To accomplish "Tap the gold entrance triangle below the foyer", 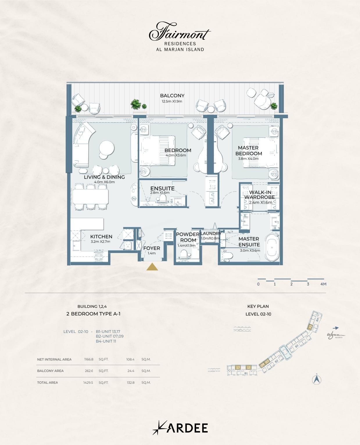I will click(152, 267).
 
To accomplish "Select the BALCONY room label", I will click(172, 96).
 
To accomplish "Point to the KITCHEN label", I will click(101, 236).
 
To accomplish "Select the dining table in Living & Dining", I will click(90, 197).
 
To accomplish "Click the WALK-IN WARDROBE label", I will click(259, 195).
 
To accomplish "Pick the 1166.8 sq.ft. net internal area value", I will click(89, 359).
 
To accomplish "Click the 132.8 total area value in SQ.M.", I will click(130, 383).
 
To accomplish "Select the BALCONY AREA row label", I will click(50, 371).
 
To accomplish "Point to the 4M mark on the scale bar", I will click(323, 284).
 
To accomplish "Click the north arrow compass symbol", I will click(317, 380).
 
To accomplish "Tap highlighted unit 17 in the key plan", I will click(238, 368).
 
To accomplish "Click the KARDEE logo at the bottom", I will click(180, 428).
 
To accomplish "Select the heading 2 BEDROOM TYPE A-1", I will click(93, 314).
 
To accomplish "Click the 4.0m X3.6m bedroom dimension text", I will click(175, 155).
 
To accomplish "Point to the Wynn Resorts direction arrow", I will click(336, 328).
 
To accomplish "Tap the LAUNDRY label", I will click(211, 233).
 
